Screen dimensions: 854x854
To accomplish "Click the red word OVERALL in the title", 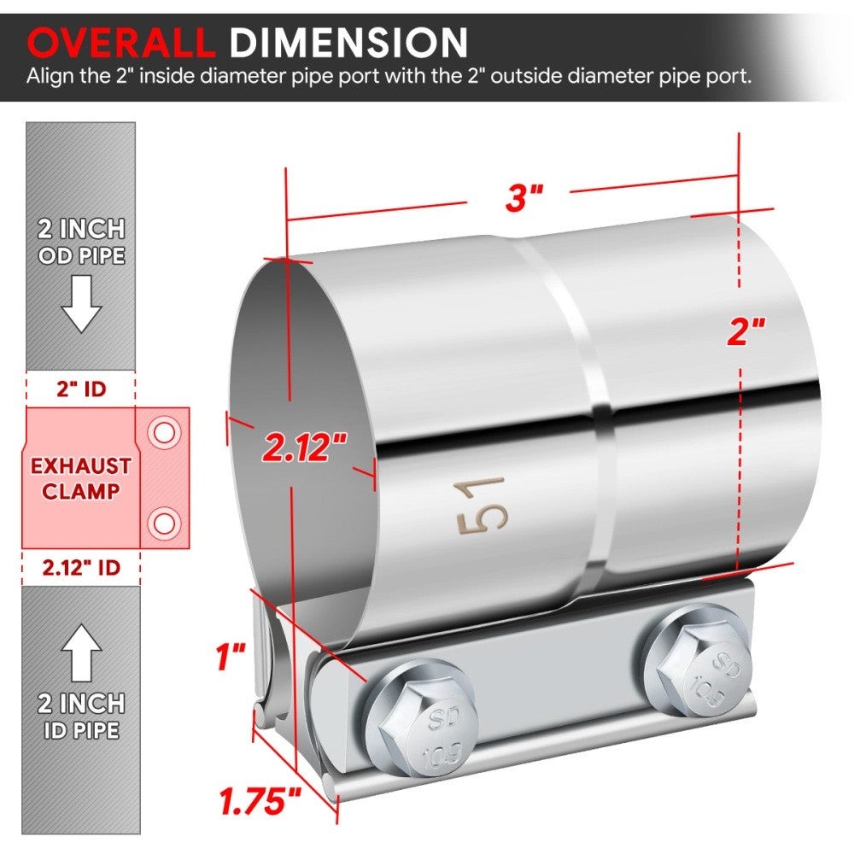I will pos(120,42).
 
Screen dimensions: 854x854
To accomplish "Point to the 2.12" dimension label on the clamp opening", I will pos(305,445).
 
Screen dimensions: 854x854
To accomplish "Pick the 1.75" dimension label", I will pos(261,801).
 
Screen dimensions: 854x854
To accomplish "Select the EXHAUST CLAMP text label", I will pos(81,478).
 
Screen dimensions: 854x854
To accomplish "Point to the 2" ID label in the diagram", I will pos(82,389).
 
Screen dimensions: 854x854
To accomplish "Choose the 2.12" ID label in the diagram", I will pos(82,566).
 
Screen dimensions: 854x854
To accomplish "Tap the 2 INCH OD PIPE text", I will pos(81,242).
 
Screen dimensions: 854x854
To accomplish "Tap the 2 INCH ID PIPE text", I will pos(81,717).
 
